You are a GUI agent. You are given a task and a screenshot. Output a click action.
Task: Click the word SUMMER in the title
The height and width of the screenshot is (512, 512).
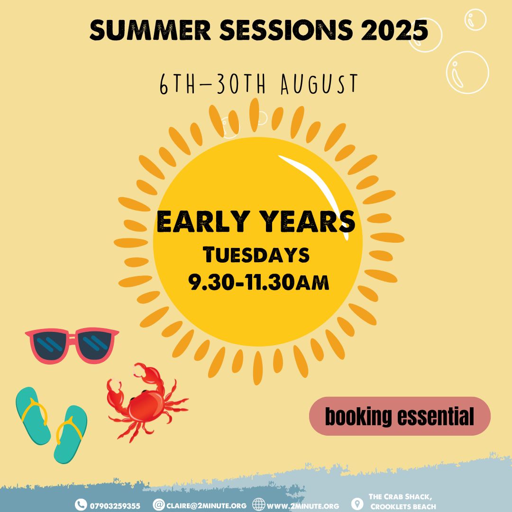pyautogui.click(x=151, y=30)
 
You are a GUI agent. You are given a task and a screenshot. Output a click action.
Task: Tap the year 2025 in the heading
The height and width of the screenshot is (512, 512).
pyautogui.click(x=394, y=30)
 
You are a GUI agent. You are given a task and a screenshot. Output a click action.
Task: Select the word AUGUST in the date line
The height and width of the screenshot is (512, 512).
pyautogui.click(x=320, y=84)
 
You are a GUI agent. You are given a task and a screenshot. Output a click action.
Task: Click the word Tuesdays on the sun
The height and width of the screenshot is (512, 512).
pyautogui.click(x=256, y=255)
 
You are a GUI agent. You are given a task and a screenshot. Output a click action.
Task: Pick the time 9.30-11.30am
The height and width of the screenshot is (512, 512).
pyautogui.click(x=258, y=282)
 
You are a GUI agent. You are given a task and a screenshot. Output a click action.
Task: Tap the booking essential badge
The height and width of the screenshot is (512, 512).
pyautogui.click(x=400, y=416)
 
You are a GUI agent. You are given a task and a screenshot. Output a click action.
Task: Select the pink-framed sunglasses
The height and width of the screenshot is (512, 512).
pyautogui.click(x=72, y=345)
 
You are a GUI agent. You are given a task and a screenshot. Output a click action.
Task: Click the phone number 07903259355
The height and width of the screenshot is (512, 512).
pyautogui.click(x=115, y=506)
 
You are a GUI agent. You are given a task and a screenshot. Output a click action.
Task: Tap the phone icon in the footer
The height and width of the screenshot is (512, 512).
pyautogui.click(x=81, y=505)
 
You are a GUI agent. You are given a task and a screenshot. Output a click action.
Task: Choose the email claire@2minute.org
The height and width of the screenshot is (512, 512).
pyautogui.click(x=206, y=506)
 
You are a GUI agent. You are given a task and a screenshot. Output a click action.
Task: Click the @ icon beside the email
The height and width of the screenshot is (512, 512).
pyautogui.click(x=159, y=504)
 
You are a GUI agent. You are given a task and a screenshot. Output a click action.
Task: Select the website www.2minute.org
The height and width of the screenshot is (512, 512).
pyautogui.click(x=303, y=506)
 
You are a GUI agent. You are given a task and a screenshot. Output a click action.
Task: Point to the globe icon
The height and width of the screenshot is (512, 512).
pyautogui.click(x=259, y=504)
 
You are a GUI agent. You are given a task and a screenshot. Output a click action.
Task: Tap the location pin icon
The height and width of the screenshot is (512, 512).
pyautogui.click(x=357, y=504)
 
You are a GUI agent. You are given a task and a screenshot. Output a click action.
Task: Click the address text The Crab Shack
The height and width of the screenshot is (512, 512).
pyautogui.click(x=400, y=497)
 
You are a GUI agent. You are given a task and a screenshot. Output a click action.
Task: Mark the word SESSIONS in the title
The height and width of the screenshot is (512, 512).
pyautogui.click(x=286, y=30)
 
